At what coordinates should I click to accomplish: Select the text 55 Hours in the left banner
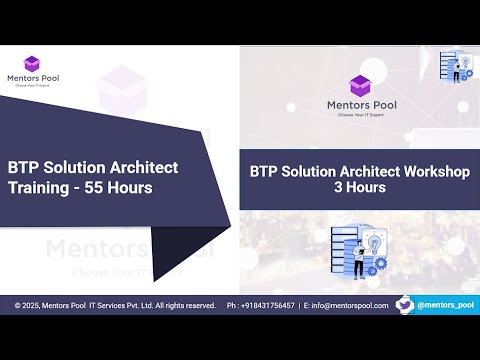click(121, 187)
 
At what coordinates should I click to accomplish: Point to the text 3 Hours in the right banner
click(359, 187)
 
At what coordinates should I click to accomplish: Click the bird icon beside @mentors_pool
click(404, 304)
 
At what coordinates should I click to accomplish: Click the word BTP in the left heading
click(26, 167)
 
